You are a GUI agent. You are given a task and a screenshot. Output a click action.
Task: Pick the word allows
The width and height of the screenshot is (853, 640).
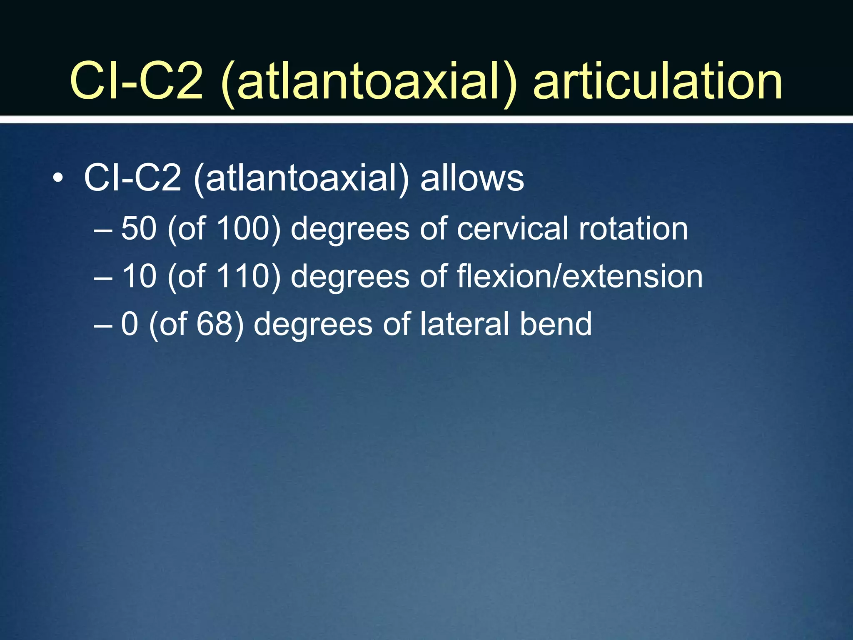click(472, 178)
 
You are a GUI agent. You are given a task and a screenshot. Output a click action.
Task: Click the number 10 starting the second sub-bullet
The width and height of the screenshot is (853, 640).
click(139, 276)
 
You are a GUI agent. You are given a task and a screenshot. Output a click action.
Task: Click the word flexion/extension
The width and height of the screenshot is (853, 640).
click(580, 276)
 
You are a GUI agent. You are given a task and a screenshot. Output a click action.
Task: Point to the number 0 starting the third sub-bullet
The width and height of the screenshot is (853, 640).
click(130, 324)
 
